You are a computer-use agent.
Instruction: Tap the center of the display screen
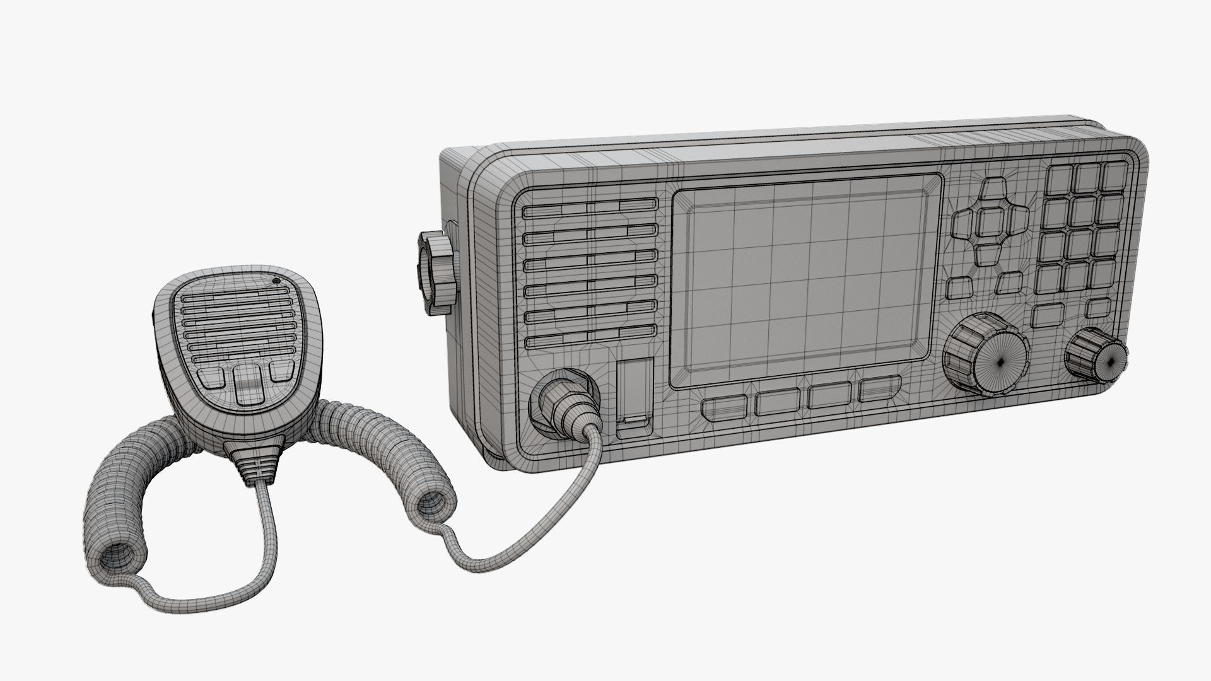tap(803, 281)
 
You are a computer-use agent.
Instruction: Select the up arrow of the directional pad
tap(995, 190)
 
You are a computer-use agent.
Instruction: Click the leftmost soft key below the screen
tap(724, 406)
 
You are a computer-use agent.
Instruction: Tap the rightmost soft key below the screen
tap(878, 389)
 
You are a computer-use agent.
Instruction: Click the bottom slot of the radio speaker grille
tap(590, 341)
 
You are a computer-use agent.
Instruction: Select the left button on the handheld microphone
tap(211, 377)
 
